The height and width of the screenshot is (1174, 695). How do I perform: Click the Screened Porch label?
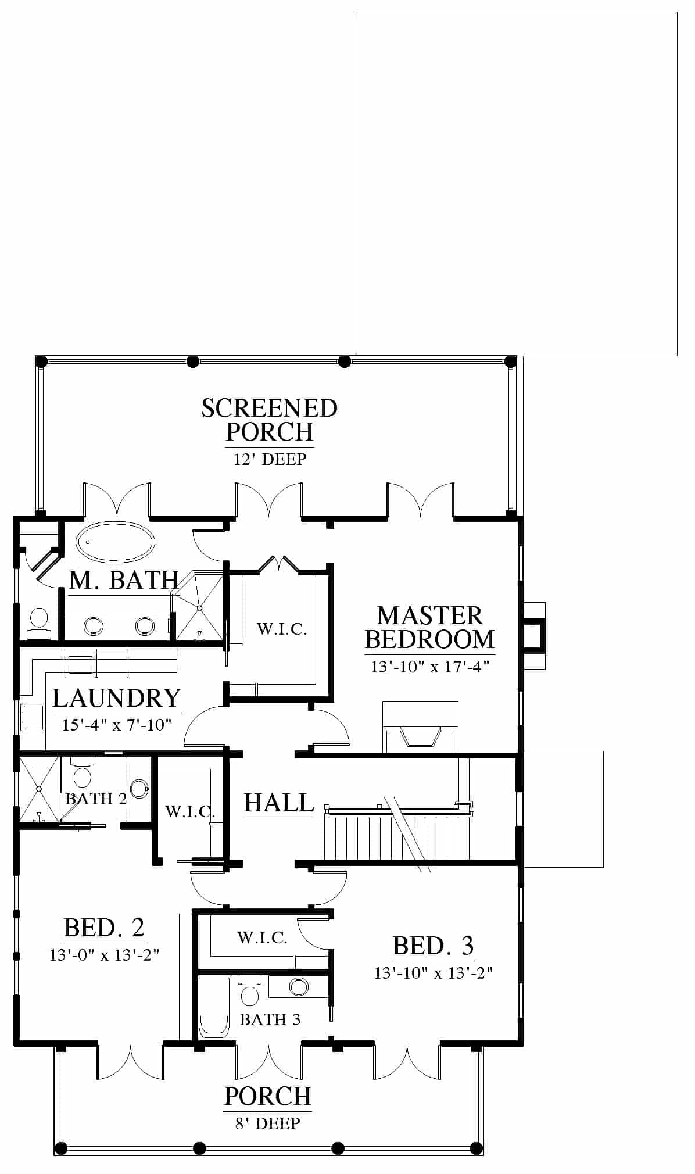(x=269, y=420)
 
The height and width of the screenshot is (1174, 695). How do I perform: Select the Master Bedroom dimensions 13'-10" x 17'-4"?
(x=430, y=667)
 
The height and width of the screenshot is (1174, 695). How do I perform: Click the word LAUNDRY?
(x=116, y=698)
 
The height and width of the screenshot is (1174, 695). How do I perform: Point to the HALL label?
(x=279, y=803)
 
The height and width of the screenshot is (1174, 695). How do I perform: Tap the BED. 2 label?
(x=104, y=927)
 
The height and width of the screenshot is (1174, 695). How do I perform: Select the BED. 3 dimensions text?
(x=434, y=973)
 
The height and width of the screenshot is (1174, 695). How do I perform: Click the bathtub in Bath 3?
(x=214, y=1007)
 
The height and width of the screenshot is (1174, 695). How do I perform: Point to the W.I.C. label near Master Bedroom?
(x=282, y=629)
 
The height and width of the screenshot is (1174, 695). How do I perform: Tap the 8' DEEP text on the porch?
(x=268, y=1123)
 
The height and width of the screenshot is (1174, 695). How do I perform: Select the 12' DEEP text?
(x=270, y=459)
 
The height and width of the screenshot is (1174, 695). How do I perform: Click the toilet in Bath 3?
(x=249, y=992)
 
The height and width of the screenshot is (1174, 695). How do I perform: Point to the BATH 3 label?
(x=270, y=1019)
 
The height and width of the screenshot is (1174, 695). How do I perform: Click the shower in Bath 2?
(x=39, y=789)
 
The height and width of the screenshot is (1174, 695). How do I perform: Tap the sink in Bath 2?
(x=139, y=788)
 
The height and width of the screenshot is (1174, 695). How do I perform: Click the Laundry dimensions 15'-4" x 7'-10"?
(x=117, y=725)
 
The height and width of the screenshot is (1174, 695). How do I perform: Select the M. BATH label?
(x=124, y=580)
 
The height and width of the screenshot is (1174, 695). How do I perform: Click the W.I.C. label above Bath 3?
(x=262, y=937)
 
